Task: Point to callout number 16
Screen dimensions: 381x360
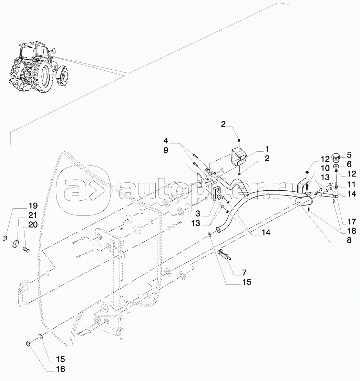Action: point(61,369)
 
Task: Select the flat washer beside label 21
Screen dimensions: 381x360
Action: point(16,243)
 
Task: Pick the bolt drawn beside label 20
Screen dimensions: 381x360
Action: point(25,249)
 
